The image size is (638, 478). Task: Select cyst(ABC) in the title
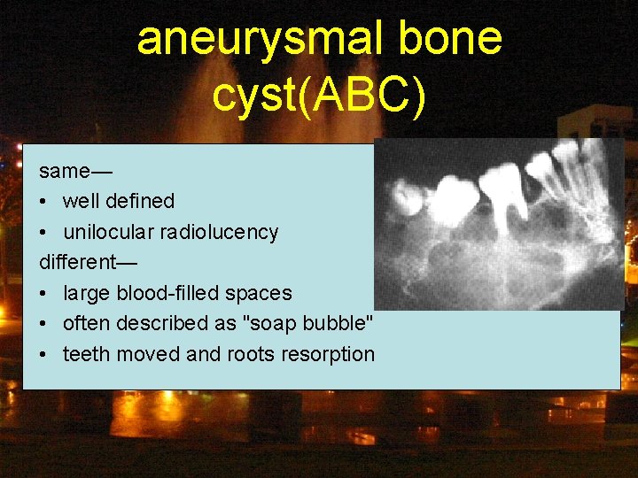[x=319, y=95]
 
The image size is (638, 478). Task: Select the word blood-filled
[x=172, y=293]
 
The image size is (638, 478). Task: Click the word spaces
[x=261, y=293]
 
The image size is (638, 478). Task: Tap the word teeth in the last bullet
[x=85, y=354]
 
